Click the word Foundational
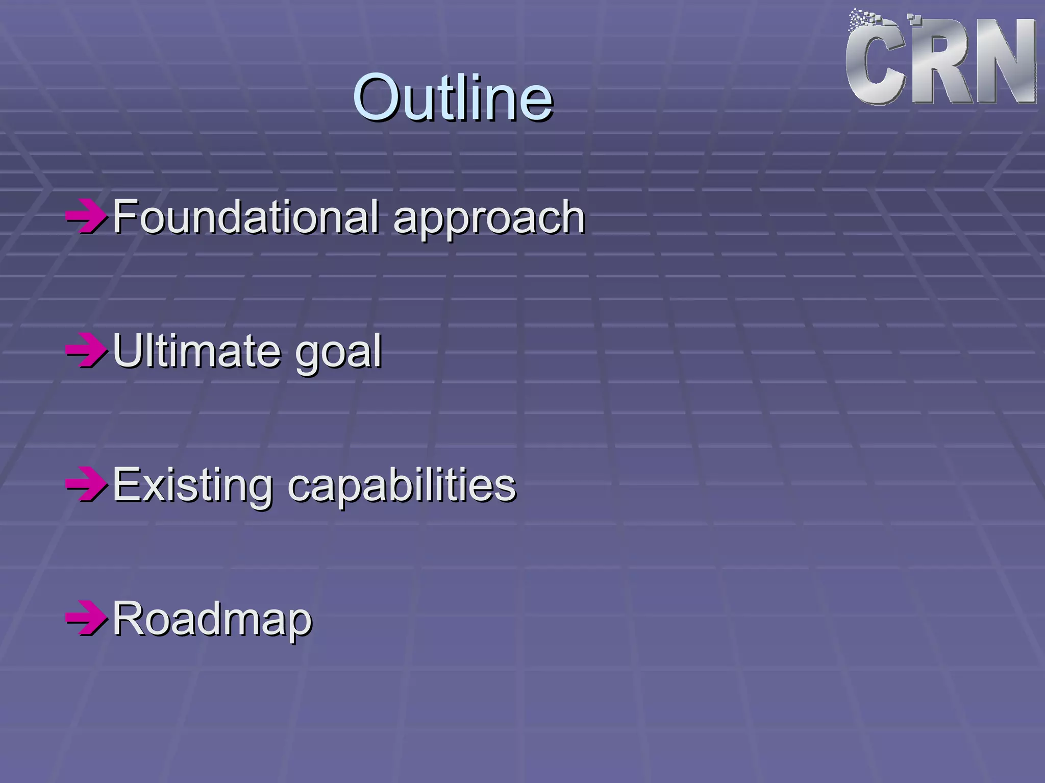coord(245,217)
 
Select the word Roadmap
coord(212,619)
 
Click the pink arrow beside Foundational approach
coord(86,217)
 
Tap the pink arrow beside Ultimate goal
coord(86,351)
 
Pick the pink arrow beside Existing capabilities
coord(86,484)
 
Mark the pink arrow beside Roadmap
coord(86,619)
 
